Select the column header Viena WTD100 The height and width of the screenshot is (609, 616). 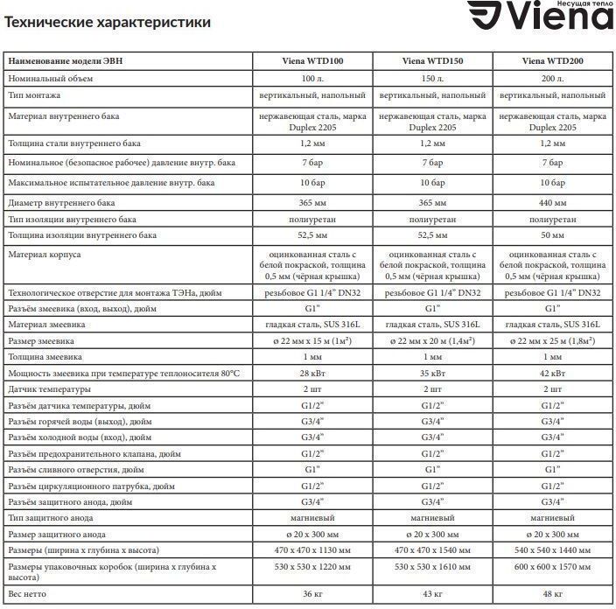pyautogui.click(x=312, y=62)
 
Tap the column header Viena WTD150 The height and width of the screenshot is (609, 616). pyautogui.click(x=432, y=62)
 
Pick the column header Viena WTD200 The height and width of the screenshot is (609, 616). pyautogui.click(x=552, y=62)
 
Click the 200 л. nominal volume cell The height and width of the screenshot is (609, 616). pyautogui.click(x=552, y=79)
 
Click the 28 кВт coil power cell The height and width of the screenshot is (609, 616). pyautogui.click(x=312, y=374)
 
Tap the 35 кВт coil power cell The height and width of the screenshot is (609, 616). pyautogui.click(x=432, y=374)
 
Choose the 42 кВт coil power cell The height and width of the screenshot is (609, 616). pyautogui.click(x=552, y=374)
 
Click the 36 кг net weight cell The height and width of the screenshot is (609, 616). pyautogui.click(x=312, y=594)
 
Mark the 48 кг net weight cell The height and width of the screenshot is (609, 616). pyautogui.click(x=552, y=594)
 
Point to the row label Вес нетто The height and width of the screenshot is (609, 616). pyautogui.click(x=28, y=594)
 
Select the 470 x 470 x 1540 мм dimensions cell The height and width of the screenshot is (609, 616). pyautogui.click(x=432, y=550)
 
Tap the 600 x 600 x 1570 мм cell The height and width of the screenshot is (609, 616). pyautogui.click(x=552, y=568)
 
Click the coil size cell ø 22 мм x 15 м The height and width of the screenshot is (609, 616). pyautogui.click(x=312, y=340)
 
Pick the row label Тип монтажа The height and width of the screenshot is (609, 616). pyautogui.click(x=34, y=94)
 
